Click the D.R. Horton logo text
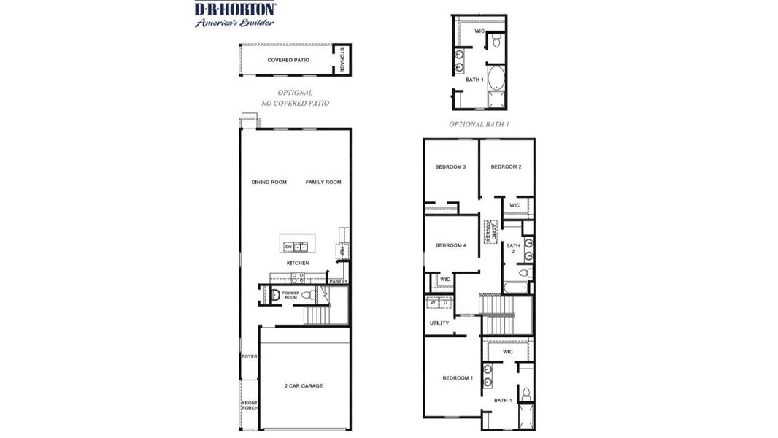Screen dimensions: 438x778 click(234, 9)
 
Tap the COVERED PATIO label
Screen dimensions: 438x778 click(288, 60)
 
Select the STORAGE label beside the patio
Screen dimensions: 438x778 click(342, 59)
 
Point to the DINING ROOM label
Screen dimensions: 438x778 click(269, 182)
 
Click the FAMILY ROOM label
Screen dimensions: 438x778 click(323, 182)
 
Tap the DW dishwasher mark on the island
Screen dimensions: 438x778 click(288, 247)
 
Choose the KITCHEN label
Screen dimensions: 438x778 click(297, 263)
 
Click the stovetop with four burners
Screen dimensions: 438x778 click(298, 277)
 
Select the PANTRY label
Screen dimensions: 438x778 click(338, 281)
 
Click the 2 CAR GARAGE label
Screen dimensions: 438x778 click(303, 385)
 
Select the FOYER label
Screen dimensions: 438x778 click(250, 357)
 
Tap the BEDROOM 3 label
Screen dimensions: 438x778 click(450, 167)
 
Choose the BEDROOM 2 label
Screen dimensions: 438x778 click(506, 167)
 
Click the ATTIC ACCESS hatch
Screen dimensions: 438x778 click(490, 231)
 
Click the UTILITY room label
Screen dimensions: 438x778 click(439, 323)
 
